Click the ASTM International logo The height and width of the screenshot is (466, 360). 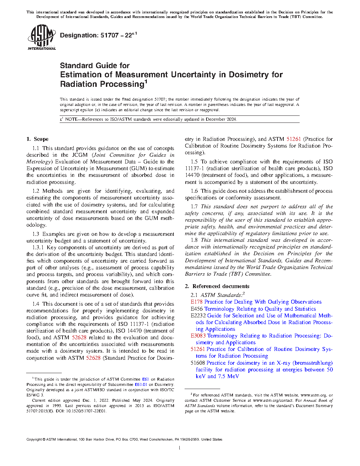(x=41, y=37)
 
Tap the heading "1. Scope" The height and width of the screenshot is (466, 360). (x=37, y=139)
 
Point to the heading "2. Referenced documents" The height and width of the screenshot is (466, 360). (x=217, y=286)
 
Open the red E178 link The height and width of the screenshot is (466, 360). (x=197, y=302)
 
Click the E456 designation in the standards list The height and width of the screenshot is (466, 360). (x=197, y=309)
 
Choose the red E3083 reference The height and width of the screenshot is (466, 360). (x=198, y=336)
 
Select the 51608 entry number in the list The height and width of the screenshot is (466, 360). (x=198, y=363)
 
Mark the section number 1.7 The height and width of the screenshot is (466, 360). (x=194, y=207)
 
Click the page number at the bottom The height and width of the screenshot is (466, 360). (x=180, y=448)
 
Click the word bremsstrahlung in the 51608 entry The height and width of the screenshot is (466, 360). (x=313, y=363)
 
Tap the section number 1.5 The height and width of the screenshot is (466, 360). (x=194, y=162)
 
